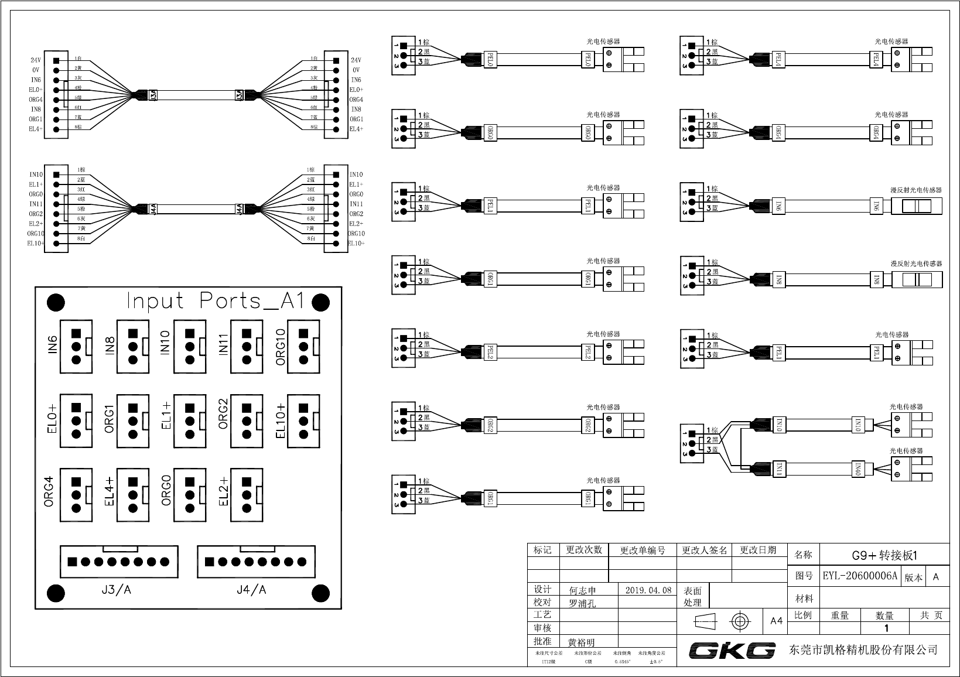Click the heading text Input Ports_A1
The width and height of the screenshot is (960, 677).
215,301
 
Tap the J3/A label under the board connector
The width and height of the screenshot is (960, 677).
116,590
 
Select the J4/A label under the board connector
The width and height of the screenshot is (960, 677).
251,590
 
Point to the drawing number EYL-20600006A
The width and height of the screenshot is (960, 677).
860,576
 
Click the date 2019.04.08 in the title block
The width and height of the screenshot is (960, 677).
648,590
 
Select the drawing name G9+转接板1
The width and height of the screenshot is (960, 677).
884,555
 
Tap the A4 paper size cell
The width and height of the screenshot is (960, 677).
776,621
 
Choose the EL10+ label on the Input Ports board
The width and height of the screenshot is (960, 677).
280,421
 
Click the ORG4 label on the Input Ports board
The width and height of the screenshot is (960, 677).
49,492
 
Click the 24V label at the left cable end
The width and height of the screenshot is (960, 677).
36,60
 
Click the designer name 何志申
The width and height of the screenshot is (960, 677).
582,591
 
